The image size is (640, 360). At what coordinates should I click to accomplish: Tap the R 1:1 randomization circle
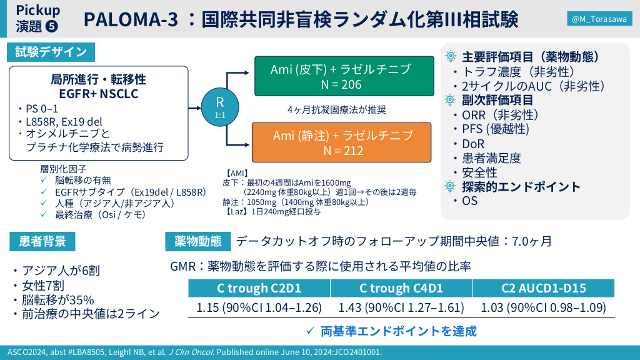click(x=220, y=107)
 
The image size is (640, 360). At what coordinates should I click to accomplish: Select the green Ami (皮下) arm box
click(x=344, y=76)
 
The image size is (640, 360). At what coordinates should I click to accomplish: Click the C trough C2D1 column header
click(x=259, y=288)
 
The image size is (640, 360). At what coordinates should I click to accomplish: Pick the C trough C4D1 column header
click(x=401, y=288)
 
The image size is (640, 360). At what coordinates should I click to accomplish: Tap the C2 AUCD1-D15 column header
click(x=543, y=288)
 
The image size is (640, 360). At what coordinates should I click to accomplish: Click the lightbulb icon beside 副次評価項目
click(x=450, y=99)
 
